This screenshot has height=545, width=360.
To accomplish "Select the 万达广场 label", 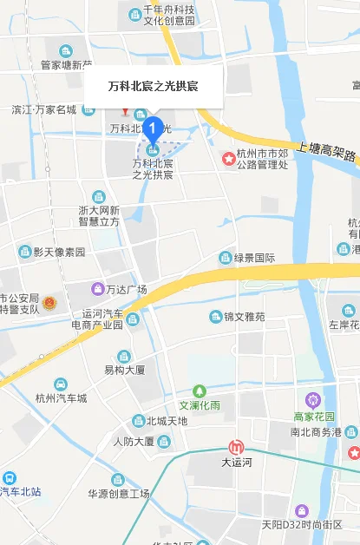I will click(x=126, y=289).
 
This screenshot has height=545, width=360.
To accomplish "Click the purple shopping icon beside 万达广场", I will click(x=97, y=289).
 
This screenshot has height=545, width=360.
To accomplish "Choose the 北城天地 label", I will click(x=167, y=421).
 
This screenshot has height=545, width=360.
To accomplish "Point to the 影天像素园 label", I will click(x=59, y=252).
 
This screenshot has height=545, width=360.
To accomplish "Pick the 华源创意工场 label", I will click(x=119, y=494).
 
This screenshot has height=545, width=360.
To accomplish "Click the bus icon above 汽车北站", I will click(x=9, y=477).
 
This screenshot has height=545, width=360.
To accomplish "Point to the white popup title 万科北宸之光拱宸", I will click(x=154, y=86).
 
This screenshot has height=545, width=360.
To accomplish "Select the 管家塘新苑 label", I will click(x=66, y=64).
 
